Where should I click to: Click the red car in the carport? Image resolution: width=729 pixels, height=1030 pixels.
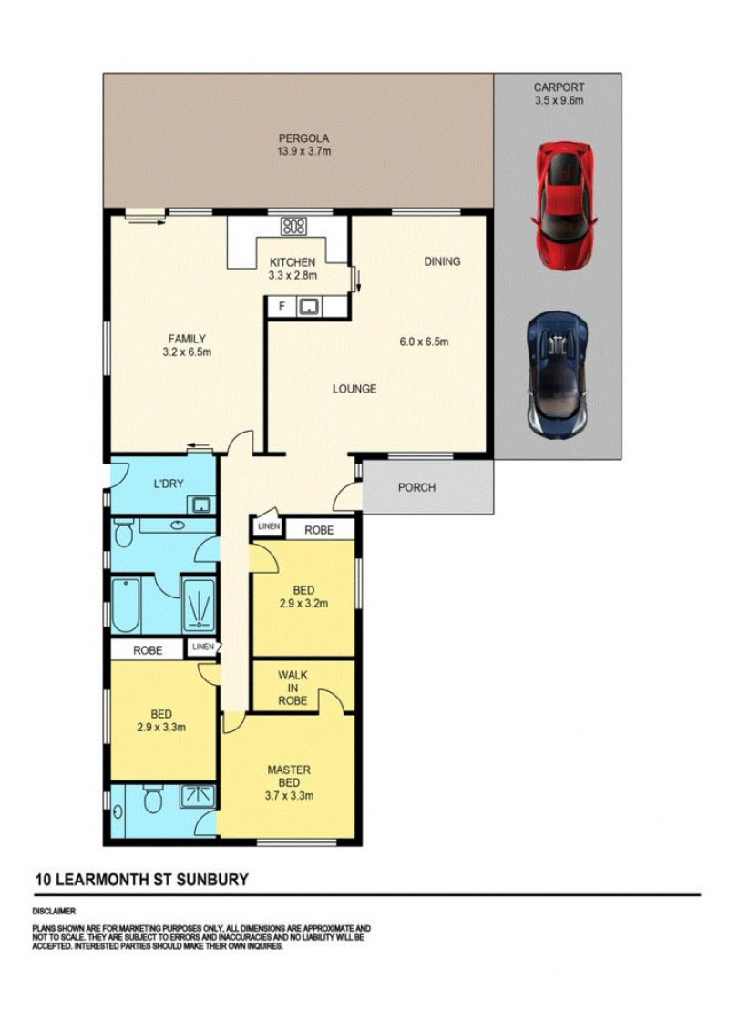click(565, 206)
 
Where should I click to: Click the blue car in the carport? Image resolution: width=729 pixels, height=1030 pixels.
click(558, 374)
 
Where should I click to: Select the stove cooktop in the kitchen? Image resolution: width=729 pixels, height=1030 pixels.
click(293, 226)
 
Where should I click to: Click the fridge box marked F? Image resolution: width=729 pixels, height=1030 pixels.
click(282, 306)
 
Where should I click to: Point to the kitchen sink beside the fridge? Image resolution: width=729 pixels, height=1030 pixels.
click(308, 306)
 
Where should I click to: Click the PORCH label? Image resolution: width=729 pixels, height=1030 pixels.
click(416, 487)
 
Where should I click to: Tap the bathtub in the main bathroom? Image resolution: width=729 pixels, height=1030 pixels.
click(125, 605)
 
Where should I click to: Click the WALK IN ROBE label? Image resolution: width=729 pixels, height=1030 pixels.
click(293, 688)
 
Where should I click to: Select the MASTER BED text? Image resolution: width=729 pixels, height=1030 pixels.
click(289, 777)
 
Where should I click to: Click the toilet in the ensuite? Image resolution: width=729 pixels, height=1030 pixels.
click(153, 800)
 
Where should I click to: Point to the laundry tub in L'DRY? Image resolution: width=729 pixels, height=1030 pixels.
click(200, 505)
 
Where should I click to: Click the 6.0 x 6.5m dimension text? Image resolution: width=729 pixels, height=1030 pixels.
click(424, 342)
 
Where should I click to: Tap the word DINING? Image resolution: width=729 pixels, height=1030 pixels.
click(442, 261)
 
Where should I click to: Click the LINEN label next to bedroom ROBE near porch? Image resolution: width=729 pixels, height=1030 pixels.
click(268, 526)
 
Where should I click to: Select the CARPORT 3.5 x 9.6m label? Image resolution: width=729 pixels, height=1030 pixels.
click(559, 93)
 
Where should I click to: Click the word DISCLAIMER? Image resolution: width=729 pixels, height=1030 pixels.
click(54, 911)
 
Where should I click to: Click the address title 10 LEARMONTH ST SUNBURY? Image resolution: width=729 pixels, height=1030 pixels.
click(142, 880)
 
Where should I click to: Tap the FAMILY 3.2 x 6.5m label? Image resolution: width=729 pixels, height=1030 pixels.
click(187, 345)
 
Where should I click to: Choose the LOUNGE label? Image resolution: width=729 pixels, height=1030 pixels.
click(354, 389)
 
